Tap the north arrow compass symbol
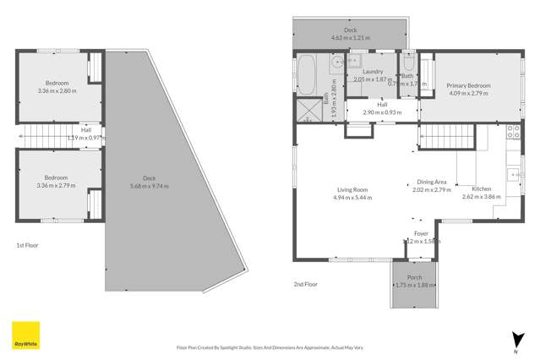[x=515, y=338]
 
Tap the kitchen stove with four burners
[x=512, y=132]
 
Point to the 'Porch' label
[x=414, y=277]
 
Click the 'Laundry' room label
[x=373, y=72]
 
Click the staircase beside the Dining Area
[x=439, y=134]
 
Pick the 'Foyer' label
[x=421, y=233]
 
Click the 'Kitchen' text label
[x=482, y=188]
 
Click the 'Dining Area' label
[x=432, y=182]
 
